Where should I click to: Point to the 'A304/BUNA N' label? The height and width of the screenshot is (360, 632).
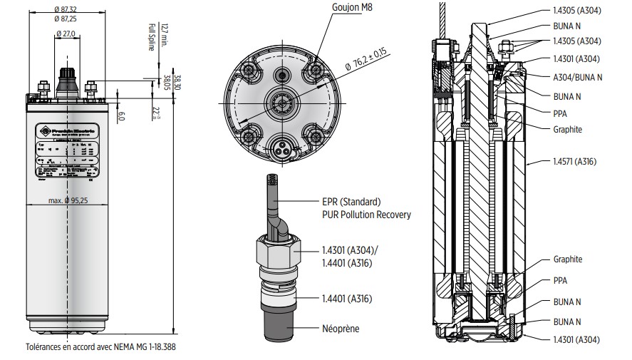point(577,77)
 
